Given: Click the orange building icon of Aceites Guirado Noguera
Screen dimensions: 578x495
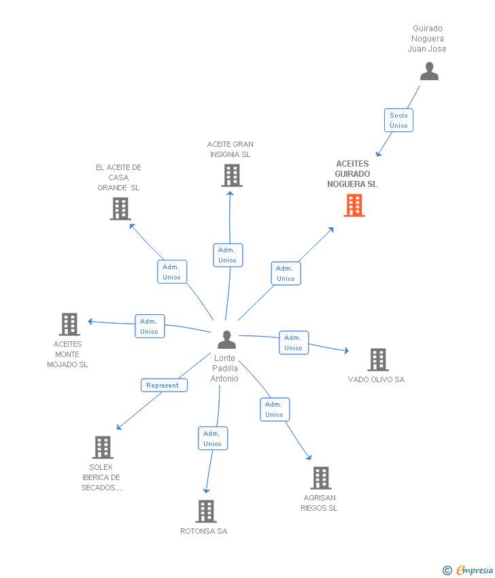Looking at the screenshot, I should (354, 205).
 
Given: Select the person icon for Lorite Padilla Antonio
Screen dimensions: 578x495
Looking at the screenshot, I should (226, 339).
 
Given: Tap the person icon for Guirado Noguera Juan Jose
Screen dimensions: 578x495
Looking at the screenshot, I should (429, 71).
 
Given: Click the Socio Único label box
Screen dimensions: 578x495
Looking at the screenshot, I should (398, 120).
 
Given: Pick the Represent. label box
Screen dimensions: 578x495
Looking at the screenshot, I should (164, 385).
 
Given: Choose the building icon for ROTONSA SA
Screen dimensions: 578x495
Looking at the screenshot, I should (206, 511).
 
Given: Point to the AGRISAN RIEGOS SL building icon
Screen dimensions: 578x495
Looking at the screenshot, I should (321, 478).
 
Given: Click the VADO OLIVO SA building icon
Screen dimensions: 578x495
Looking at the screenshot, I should (377, 360).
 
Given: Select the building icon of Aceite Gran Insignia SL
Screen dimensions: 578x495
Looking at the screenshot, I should (232, 175).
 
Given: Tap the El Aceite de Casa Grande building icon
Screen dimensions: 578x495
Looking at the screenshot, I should (120, 209).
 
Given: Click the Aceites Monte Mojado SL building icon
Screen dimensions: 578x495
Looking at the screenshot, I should (69, 324).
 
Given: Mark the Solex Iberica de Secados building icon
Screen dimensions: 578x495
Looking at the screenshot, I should (103, 447).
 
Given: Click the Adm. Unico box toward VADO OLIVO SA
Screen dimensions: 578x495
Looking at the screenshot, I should (293, 343).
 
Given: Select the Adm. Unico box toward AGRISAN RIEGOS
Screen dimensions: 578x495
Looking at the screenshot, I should (275, 409).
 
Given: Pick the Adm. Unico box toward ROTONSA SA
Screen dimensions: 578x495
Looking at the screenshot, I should (212, 439).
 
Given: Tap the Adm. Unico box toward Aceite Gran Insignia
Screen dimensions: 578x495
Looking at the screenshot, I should (227, 255).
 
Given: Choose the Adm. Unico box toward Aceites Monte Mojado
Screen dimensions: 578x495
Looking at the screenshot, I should (149, 326).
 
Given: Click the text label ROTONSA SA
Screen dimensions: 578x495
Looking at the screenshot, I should (204, 531).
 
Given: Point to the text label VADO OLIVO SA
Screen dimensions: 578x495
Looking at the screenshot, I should (376, 379).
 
